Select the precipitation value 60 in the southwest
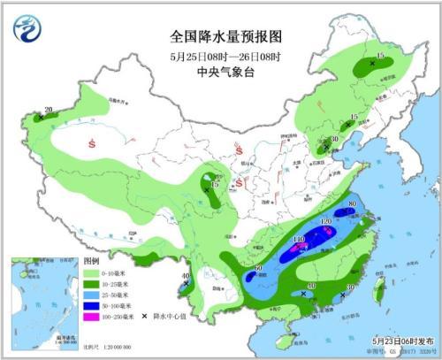pos(258,268)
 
